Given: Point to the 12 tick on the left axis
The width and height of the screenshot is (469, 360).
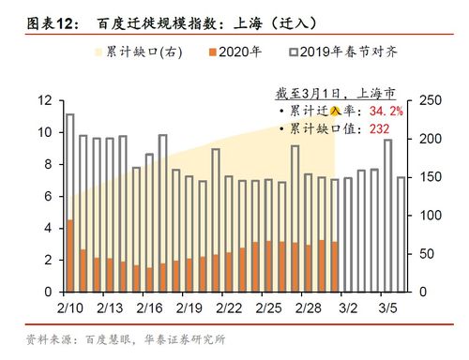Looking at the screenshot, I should [x=44, y=100].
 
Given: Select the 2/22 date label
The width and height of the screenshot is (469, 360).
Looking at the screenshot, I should [x=229, y=307].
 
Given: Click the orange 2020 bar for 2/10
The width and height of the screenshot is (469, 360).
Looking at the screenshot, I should [x=69, y=255].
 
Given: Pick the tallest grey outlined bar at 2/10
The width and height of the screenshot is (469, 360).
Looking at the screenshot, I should [x=69, y=169].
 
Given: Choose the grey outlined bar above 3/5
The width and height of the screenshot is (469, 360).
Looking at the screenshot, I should [x=387, y=215].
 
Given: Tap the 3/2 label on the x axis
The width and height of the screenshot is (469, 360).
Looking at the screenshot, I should [x=348, y=307].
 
